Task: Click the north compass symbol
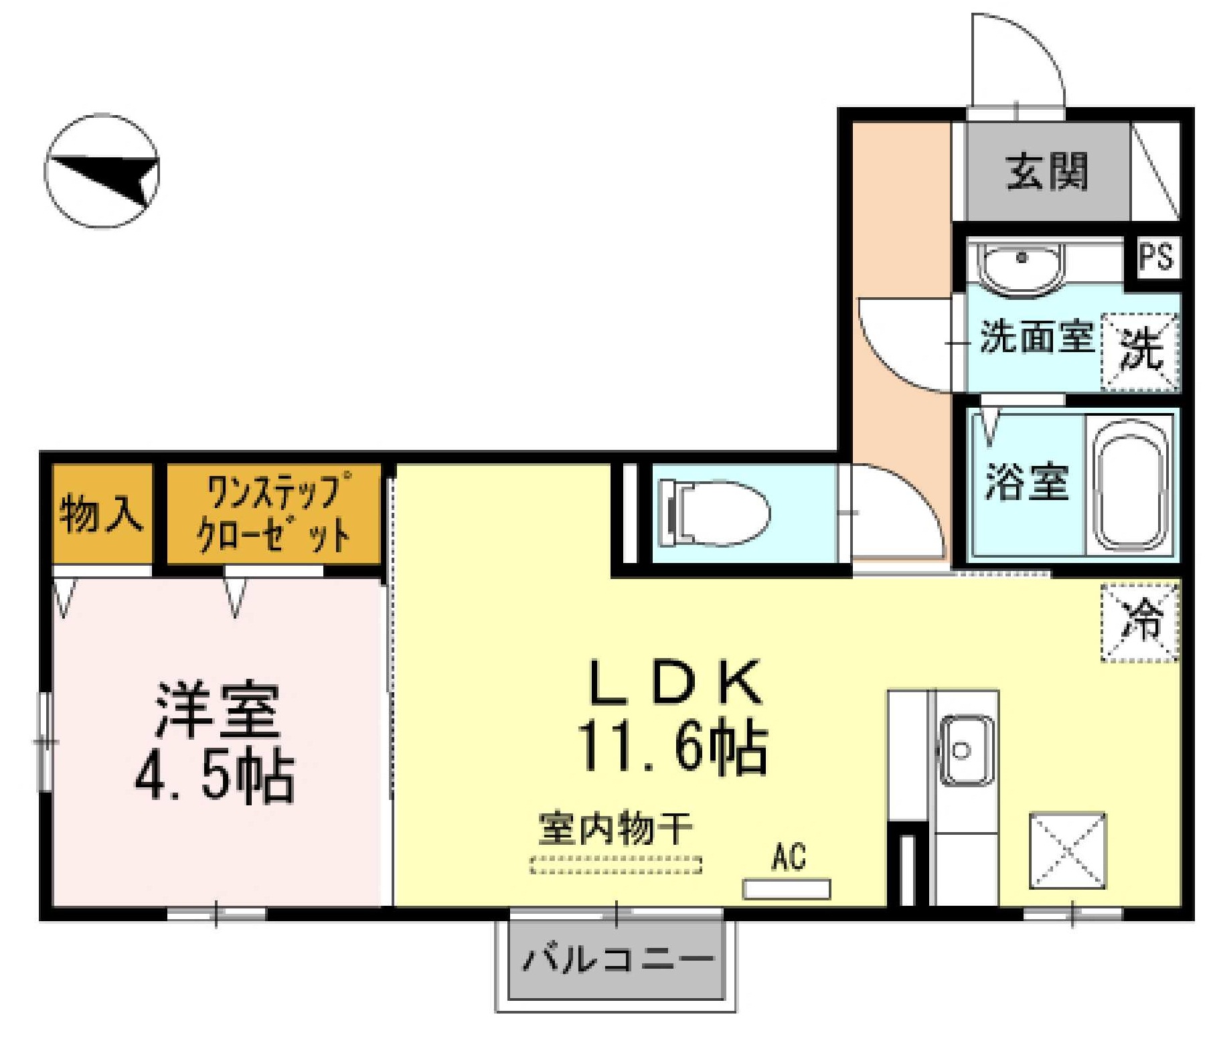(x=102, y=170)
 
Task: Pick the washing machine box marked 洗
(x=1141, y=351)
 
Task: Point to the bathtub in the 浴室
(x=1131, y=483)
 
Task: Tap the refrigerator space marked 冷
(x=1140, y=623)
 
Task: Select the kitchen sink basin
(x=965, y=750)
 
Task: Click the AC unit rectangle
(x=787, y=889)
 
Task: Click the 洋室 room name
(x=218, y=710)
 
